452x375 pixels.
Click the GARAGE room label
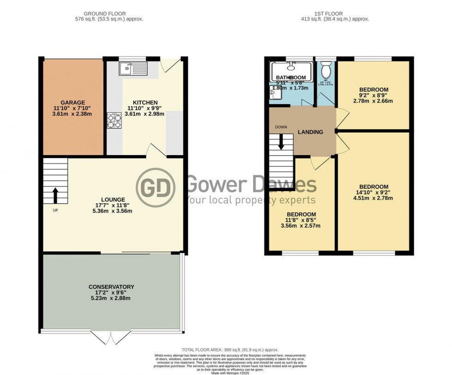73,102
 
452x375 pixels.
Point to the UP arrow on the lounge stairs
55,195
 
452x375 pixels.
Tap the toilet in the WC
326,71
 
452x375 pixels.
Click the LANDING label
310,132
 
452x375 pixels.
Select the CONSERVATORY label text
111,287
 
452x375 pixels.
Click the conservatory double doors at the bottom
111,338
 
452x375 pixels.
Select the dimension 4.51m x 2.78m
374,199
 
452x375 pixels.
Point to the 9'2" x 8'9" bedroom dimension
374,95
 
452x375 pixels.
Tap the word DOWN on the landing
281,127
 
